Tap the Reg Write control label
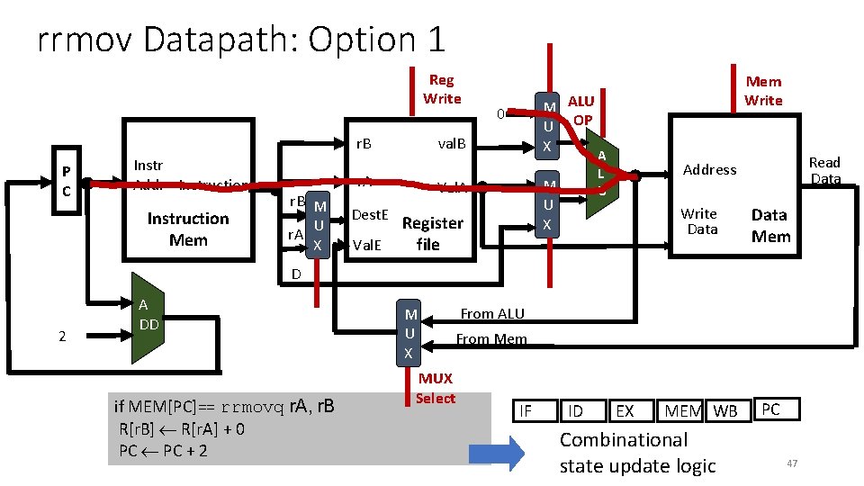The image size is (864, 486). tap(441, 89)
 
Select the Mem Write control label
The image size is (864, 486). tap(763, 91)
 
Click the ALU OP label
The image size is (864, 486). tap(581, 110)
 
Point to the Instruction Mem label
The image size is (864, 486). tap(188, 229)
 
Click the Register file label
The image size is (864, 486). tap(432, 233)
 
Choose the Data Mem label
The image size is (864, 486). tap(770, 226)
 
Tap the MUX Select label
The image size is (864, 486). tap(436, 388)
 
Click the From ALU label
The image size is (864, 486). tap(491, 313)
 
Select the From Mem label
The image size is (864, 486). tap(491, 339)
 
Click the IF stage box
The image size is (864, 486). tap(526, 411)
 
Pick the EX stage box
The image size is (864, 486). tap(624, 411)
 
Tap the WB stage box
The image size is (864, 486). tap(724, 411)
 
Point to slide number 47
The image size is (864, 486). tap(792, 463)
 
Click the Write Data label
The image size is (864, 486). tap(698, 221)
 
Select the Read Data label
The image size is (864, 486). tap(824, 170)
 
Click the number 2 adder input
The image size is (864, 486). tap(61, 337)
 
